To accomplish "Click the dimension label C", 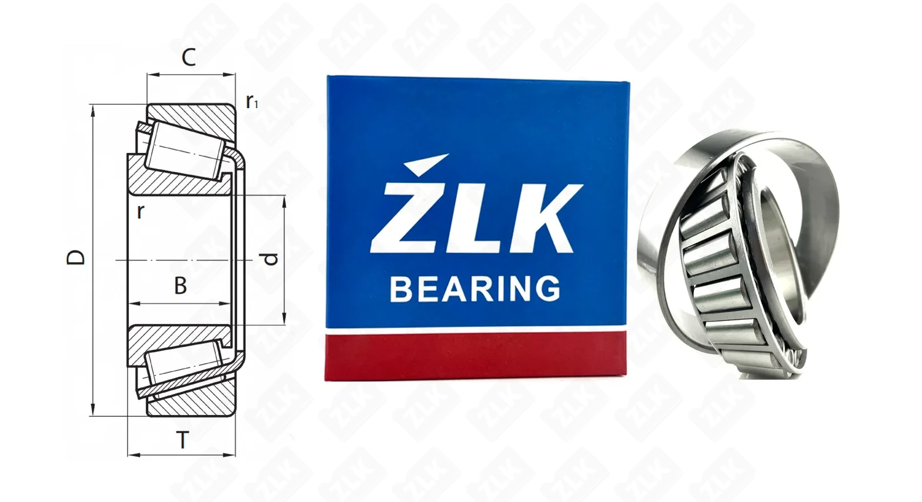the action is pyautogui.click(x=189, y=58).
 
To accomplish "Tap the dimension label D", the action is pyautogui.click(x=76, y=257).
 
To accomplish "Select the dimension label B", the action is pyautogui.click(x=181, y=286).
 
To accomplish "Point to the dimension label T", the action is pyautogui.click(x=182, y=440).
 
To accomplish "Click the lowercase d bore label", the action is pyautogui.click(x=270, y=259).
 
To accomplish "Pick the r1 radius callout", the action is pyautogui.click(x=252, y=102).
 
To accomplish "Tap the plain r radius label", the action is pyautogui.click(x=141, y=212).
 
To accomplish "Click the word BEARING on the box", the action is pyautogui.click(x=475, y=289).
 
